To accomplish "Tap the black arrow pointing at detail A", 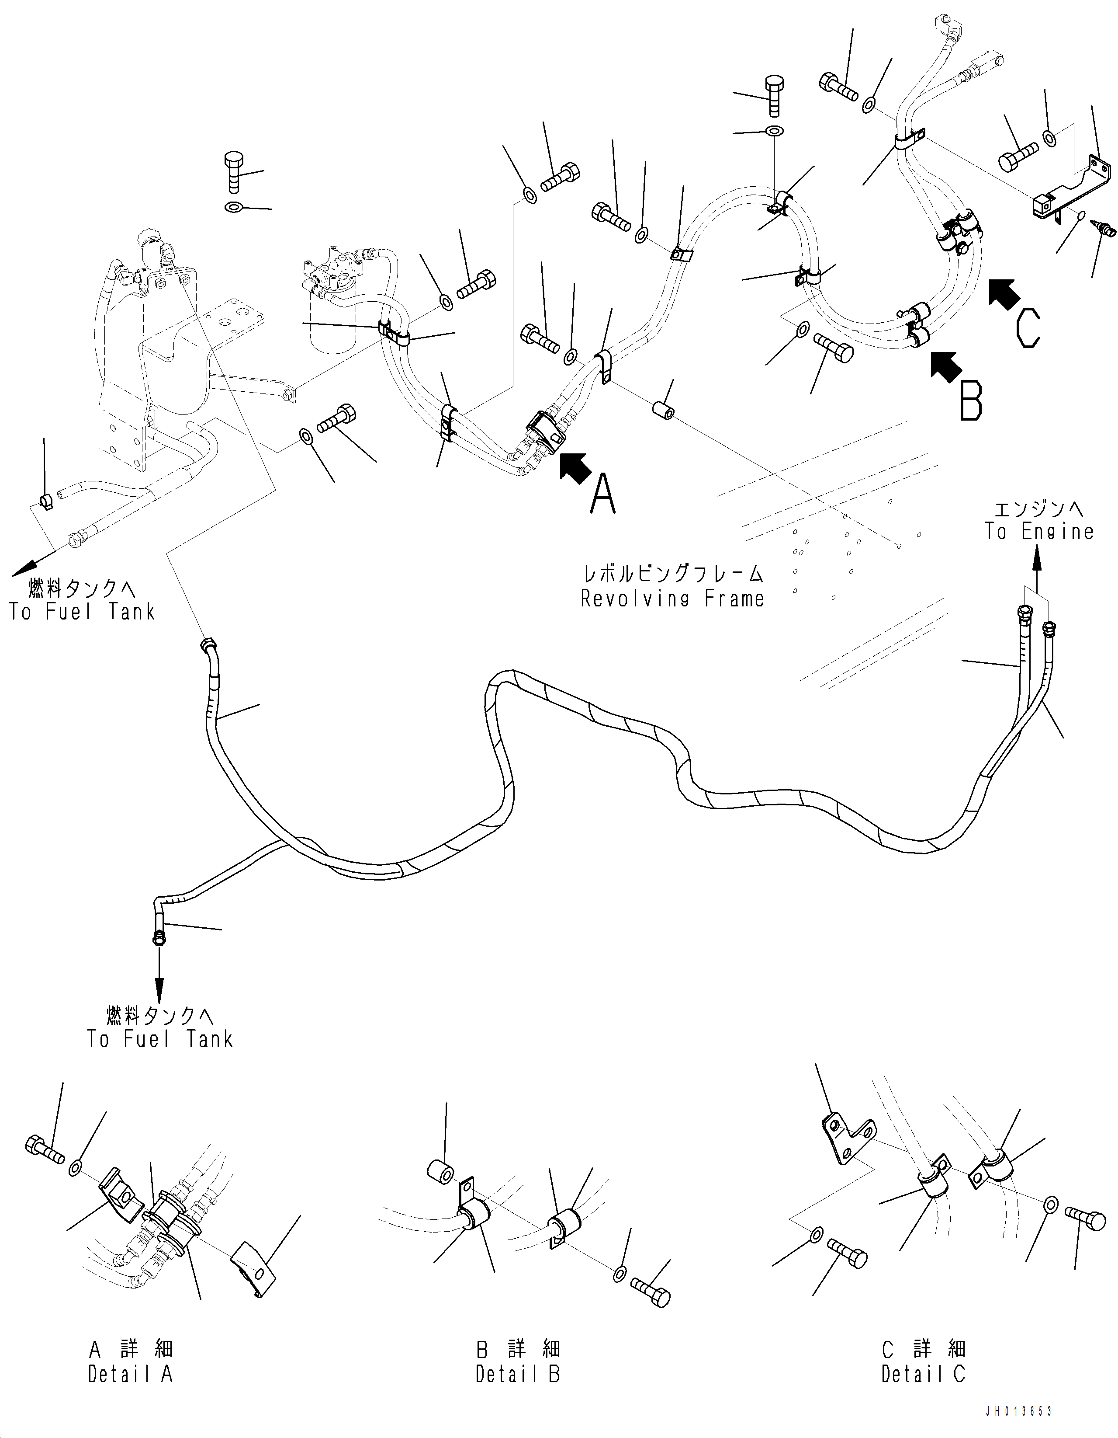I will [x=575, y=467].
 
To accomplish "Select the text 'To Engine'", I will [x=1038, y=531].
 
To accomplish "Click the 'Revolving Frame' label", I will [x=672, y=599].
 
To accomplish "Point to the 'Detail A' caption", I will [x=130, y=1374].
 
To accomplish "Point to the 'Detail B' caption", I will [x=517, y=1374].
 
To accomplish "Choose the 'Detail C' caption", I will [x=923, y=1374].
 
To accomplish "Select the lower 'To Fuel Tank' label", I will [x=160, y=1039].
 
